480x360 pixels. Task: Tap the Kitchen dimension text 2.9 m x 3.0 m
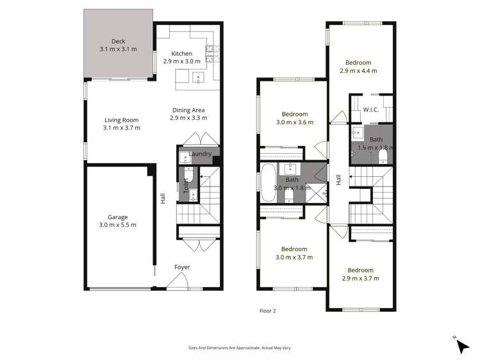181,61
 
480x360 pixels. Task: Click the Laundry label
201,154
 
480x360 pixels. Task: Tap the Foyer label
182,267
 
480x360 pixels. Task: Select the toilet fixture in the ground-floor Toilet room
187,176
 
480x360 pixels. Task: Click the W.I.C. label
370,110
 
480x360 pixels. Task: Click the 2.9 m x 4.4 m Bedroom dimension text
358,71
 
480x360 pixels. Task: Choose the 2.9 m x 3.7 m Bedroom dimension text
360,278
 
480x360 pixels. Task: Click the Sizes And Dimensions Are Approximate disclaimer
240,348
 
